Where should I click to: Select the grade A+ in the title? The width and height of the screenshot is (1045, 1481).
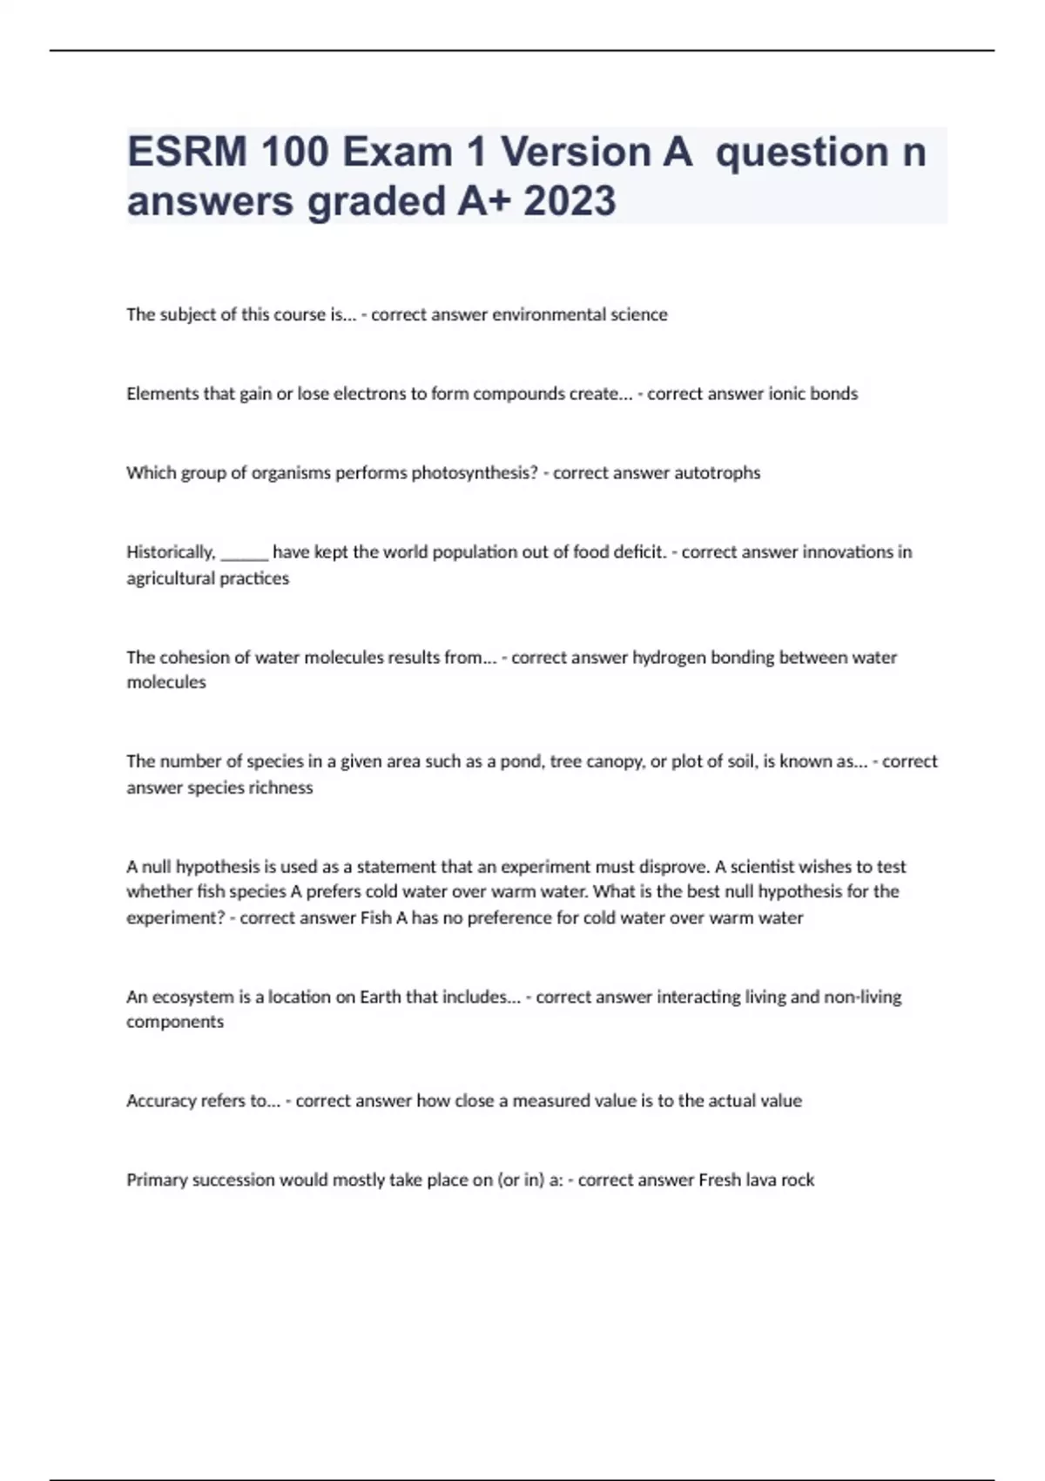pos(484,201)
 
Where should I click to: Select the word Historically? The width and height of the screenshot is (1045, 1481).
pos(171,552)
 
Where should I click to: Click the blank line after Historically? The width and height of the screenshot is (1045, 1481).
pos(244,556)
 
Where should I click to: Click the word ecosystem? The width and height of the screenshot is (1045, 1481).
pos(185,997)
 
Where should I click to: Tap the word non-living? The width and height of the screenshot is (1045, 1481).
pos(862,997)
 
